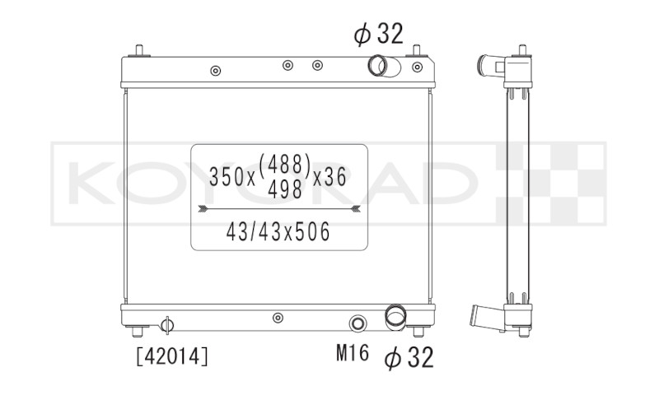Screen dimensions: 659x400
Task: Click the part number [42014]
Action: point(172,356)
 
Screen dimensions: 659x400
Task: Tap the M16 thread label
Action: point(353,352)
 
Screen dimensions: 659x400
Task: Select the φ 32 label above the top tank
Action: point(378,34)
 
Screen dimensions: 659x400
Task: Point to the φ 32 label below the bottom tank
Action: point(409,357)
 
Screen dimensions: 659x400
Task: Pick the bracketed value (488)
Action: point(285,164)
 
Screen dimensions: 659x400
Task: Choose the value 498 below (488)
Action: point(285,189)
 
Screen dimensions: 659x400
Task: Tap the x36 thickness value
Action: point(329,177)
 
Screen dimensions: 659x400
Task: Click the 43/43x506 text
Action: point(278,232)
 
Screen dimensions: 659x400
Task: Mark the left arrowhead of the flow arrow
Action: point(203,208)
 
